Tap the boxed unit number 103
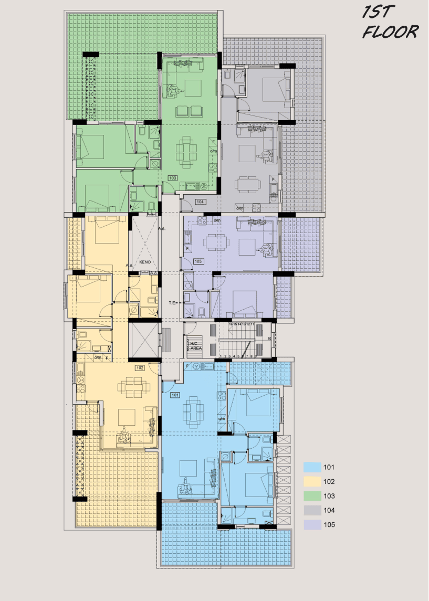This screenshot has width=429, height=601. [173, 178]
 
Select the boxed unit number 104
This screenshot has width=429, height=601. [200, 202]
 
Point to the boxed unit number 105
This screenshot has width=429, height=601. [198, 261]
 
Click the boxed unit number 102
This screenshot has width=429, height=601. [140, 368]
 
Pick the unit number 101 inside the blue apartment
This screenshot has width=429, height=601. [175, 395]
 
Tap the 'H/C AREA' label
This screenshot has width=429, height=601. [194, 346]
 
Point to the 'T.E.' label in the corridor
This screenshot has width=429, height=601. [172, 303]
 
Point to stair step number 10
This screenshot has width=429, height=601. [269, 339]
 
